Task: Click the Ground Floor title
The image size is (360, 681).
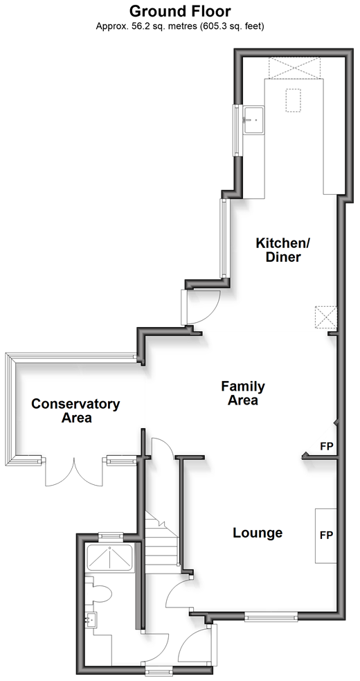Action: pyautogui.click(x=180, y=10)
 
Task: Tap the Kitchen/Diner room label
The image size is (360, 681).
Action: pyautogui.click(x=278, y=249)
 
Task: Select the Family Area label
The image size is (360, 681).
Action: pyautogui.click(x=243, y=393)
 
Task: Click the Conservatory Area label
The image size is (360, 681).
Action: pyautogui.click(x=75, y=411)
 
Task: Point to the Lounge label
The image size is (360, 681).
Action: pyautogui.click(x=258, y=533)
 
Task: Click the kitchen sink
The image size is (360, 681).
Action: pyautogui.click(x=253, y=120)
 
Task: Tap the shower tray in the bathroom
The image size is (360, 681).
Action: pyautogui.click(x=110, y=557)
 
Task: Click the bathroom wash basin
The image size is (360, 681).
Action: pyautogui.click(x=91, y=619)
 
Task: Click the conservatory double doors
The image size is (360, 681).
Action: pyautogui.click(x=74, y=472)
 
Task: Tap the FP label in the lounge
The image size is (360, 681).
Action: pyautogui.click(x=326, y=536)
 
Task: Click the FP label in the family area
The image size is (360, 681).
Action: pyautogui.click(x=326, y=446)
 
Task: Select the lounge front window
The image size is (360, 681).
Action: pyautogui.click(x=271, y=616)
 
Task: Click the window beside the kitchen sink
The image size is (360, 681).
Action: pyautogui.click(x=237, y=130)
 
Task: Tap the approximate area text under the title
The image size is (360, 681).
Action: pyautogui.click(x=180, y=26)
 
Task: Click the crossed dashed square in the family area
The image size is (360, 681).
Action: pyautogui.click(x=325, y=317)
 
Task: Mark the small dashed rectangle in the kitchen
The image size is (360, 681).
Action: pyautogui.click(x=293, y=100)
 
